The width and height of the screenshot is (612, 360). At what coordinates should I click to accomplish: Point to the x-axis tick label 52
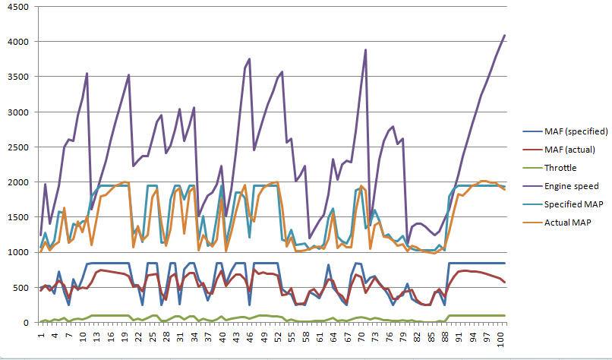coord(278,335)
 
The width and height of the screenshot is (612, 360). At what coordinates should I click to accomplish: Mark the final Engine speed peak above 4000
coord(504,35)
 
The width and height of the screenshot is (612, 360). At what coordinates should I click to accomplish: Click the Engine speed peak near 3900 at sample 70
coord(365,50)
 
